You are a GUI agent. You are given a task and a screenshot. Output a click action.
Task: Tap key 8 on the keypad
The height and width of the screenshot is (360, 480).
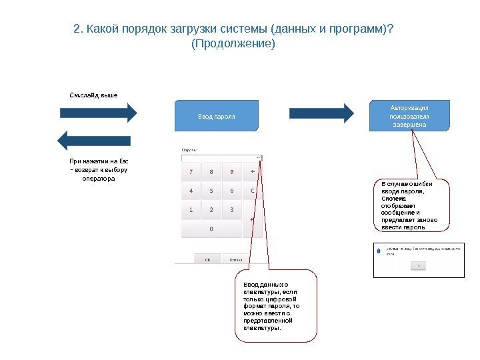(x=211, y=172)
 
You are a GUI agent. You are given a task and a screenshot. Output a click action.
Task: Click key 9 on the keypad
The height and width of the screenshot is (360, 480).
(x=231, y=172)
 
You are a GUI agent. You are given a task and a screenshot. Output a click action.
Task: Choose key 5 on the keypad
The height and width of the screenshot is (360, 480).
(x=211, y=191)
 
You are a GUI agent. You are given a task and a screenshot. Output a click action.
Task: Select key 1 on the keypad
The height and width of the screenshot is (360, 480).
(x=191, y=210)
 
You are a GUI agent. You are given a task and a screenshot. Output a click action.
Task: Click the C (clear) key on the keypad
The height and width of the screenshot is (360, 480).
(x=253, y=191)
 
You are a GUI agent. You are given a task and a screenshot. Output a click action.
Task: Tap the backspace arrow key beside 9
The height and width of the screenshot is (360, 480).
(x=253, y=172)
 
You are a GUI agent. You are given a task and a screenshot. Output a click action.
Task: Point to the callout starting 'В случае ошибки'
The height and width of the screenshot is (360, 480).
(x=411, y=205)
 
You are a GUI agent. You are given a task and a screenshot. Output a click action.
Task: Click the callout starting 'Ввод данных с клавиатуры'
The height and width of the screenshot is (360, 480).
(x=275, y=306)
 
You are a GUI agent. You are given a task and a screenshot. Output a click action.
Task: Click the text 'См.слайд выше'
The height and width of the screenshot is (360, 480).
(x=93, y=95)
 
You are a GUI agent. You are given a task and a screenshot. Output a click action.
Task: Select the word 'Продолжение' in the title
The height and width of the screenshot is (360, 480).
(x=233, y=44)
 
